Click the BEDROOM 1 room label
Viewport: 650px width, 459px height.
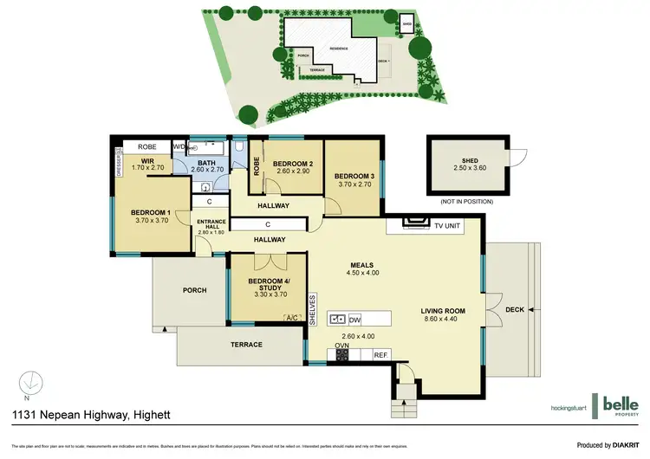pos(150,212)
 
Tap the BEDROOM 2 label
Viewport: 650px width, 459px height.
pos(292,164)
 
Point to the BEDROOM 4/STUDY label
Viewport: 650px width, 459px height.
pos(269,284)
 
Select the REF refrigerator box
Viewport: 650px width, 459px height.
pos(380,355)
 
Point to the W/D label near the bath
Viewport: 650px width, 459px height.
pos(179,146)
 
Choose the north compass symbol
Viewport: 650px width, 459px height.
pos(31,380)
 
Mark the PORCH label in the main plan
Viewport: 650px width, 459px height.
pos(195,290)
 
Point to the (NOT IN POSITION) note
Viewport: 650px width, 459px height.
pos(467,201)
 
